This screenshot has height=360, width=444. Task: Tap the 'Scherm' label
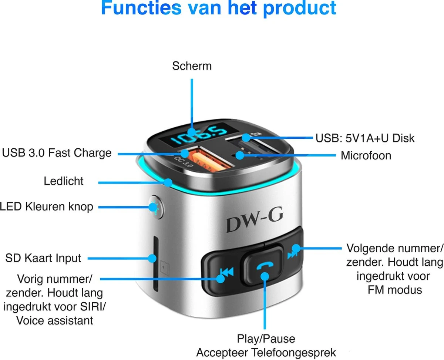[192, 66]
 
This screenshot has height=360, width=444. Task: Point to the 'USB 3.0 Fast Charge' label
[57, 152]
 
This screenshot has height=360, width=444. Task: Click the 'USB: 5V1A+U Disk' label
[365, 138]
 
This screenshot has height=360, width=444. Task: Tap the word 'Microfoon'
[366, 155]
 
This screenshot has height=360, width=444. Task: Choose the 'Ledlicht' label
[64, 181]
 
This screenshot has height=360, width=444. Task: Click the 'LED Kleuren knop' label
[47, 206]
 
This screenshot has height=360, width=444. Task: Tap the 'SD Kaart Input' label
[43, 258]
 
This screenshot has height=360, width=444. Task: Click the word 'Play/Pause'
[266, 339]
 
